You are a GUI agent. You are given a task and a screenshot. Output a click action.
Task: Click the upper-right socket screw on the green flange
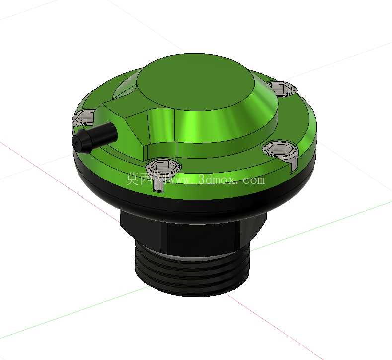[283, 89]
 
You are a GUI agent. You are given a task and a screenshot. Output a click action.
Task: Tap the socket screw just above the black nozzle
[84, 117]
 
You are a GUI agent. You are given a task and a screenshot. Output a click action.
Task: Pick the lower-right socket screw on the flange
[280, 149]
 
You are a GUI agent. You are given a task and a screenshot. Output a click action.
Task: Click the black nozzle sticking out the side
[94, 138]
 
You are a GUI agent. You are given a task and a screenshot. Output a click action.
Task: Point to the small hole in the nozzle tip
[77, 144]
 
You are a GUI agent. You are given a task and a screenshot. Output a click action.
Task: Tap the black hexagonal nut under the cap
[192, 231]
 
